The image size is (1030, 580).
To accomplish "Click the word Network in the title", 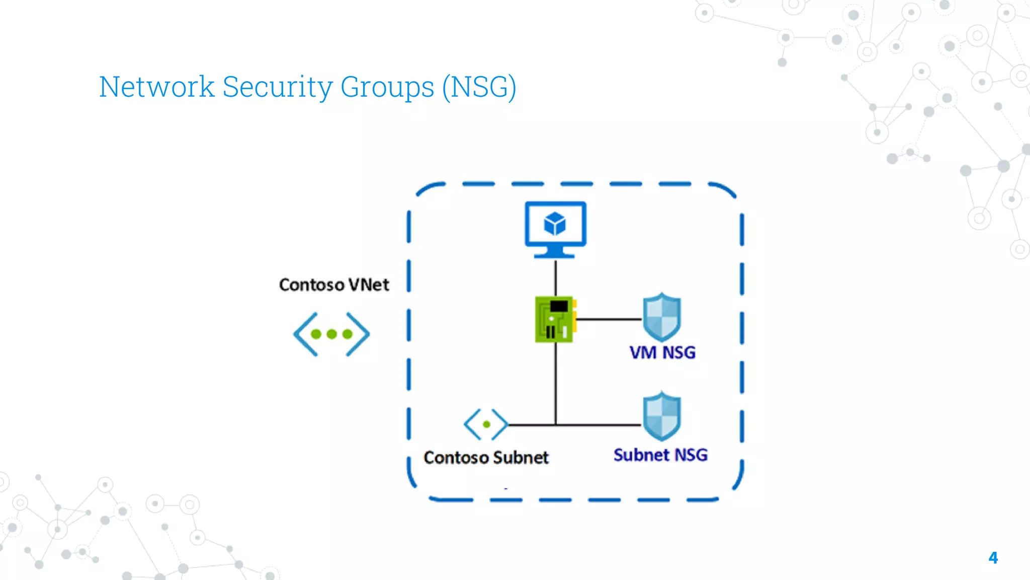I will pyautogui.click(x=156, y=87).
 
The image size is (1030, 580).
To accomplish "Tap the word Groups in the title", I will pyautogui.click(x=387, y=87).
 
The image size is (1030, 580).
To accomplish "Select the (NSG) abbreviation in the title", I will pyautogui.click(x=479, y=87).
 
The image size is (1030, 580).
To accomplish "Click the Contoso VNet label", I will pyautogui.click(x=334, y=285).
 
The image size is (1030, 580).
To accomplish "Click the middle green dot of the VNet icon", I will pyautogui.click(x=331, y=334).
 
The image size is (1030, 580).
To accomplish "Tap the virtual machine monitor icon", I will pyautogui.click(x=555, y=229).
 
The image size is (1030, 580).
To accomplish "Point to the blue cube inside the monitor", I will pyautogui.click(x=555, y=224).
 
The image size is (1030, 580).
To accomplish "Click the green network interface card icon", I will pyautogui.click(x=555, y=319).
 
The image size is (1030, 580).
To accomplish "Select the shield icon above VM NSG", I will pyautogui.click(x=662, y=317).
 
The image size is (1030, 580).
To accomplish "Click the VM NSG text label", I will pyautogui.click(x=662, y=352).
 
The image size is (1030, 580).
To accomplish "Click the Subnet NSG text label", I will pyautogui.click(x=660, y=455).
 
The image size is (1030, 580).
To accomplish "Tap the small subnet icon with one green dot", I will pyautogui.click(x=486, y=424).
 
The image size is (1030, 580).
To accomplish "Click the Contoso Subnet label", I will pyautogui.click(x=486, y=458).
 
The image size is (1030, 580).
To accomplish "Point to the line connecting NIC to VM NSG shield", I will pyautogui.click(x=609, y=319).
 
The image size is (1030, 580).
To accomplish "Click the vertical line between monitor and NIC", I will pyautogui.click(x=555, y=277).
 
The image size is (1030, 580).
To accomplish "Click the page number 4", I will pyautogui.click(x=993, y=557).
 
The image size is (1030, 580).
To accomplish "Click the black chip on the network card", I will pyautogui.click(x=559, y=306).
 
